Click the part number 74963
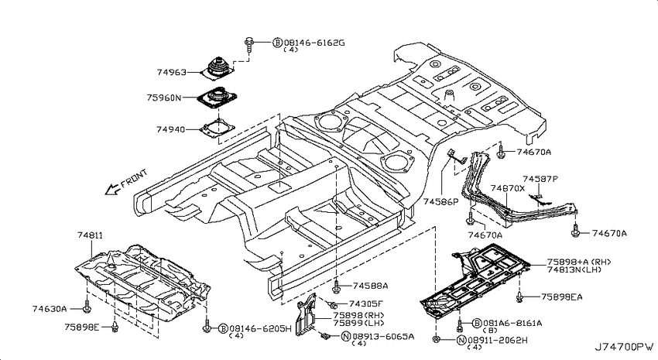click(x=171, y=72)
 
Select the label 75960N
click(x=164, y=98)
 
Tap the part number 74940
click(x=170, y=129)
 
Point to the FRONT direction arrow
click(x=112, y=190)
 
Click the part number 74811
click(x=90, y=236)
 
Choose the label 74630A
click(x=50, y=309)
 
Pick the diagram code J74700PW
click(x=624, y=347)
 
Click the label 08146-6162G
click(x=314, y=43)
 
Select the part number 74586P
click(x=441, y=201)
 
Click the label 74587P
click(x=540, y=179)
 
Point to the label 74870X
click(x=508, y=188)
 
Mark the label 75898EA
click(x=561, y=297)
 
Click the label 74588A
click(x=370, y=286)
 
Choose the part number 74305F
click(x=366, y=303)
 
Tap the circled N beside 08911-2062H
click(x=461, y=340)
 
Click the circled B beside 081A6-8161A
click(x=476, y=323)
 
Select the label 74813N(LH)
click(x=574, y=269)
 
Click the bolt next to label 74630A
click(x=87, y=307)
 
